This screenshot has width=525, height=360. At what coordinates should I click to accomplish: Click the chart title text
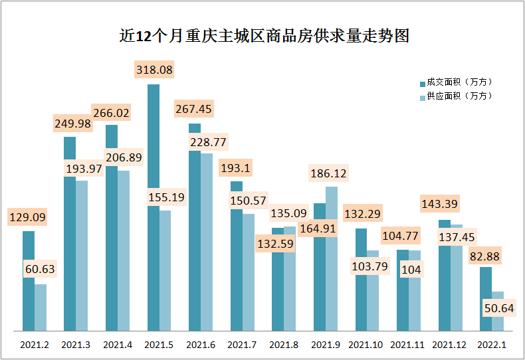coord(262,36)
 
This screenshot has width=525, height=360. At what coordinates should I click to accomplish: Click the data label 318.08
coord(154,69)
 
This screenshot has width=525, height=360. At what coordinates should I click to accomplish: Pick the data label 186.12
coord(328,173)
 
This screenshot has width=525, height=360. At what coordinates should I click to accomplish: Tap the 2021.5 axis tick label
coord(159,345)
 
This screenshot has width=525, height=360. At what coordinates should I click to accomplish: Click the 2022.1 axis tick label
coord(492,345)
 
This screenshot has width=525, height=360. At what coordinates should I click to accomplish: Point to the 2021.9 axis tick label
coord(326,345)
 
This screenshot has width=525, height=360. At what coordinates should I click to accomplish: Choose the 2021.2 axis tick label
coord(35,345)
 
